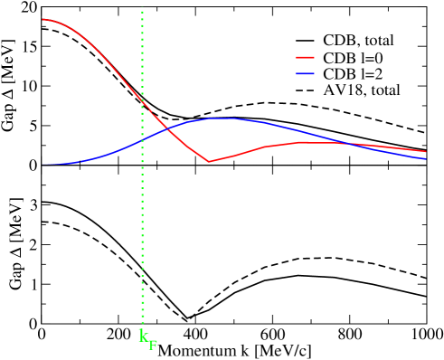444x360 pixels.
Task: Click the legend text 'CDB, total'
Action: (x=358, y=41)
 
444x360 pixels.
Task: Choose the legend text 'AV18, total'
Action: (x=362, y=90)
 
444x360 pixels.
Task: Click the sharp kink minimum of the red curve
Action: (x=210, y=162)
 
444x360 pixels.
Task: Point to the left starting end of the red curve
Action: (x=43, y=19)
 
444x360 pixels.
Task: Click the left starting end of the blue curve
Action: (x=43, y=165)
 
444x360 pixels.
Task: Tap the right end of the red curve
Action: (x=426, y=152)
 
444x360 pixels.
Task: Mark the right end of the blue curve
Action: (x=426, y=159)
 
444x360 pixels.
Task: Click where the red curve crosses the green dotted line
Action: (x=143, y=102)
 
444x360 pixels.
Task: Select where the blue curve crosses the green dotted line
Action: (x=143, y=141)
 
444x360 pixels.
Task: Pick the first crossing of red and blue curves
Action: (x=170, y=130)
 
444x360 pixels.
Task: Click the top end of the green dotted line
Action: (x=143, y=11)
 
